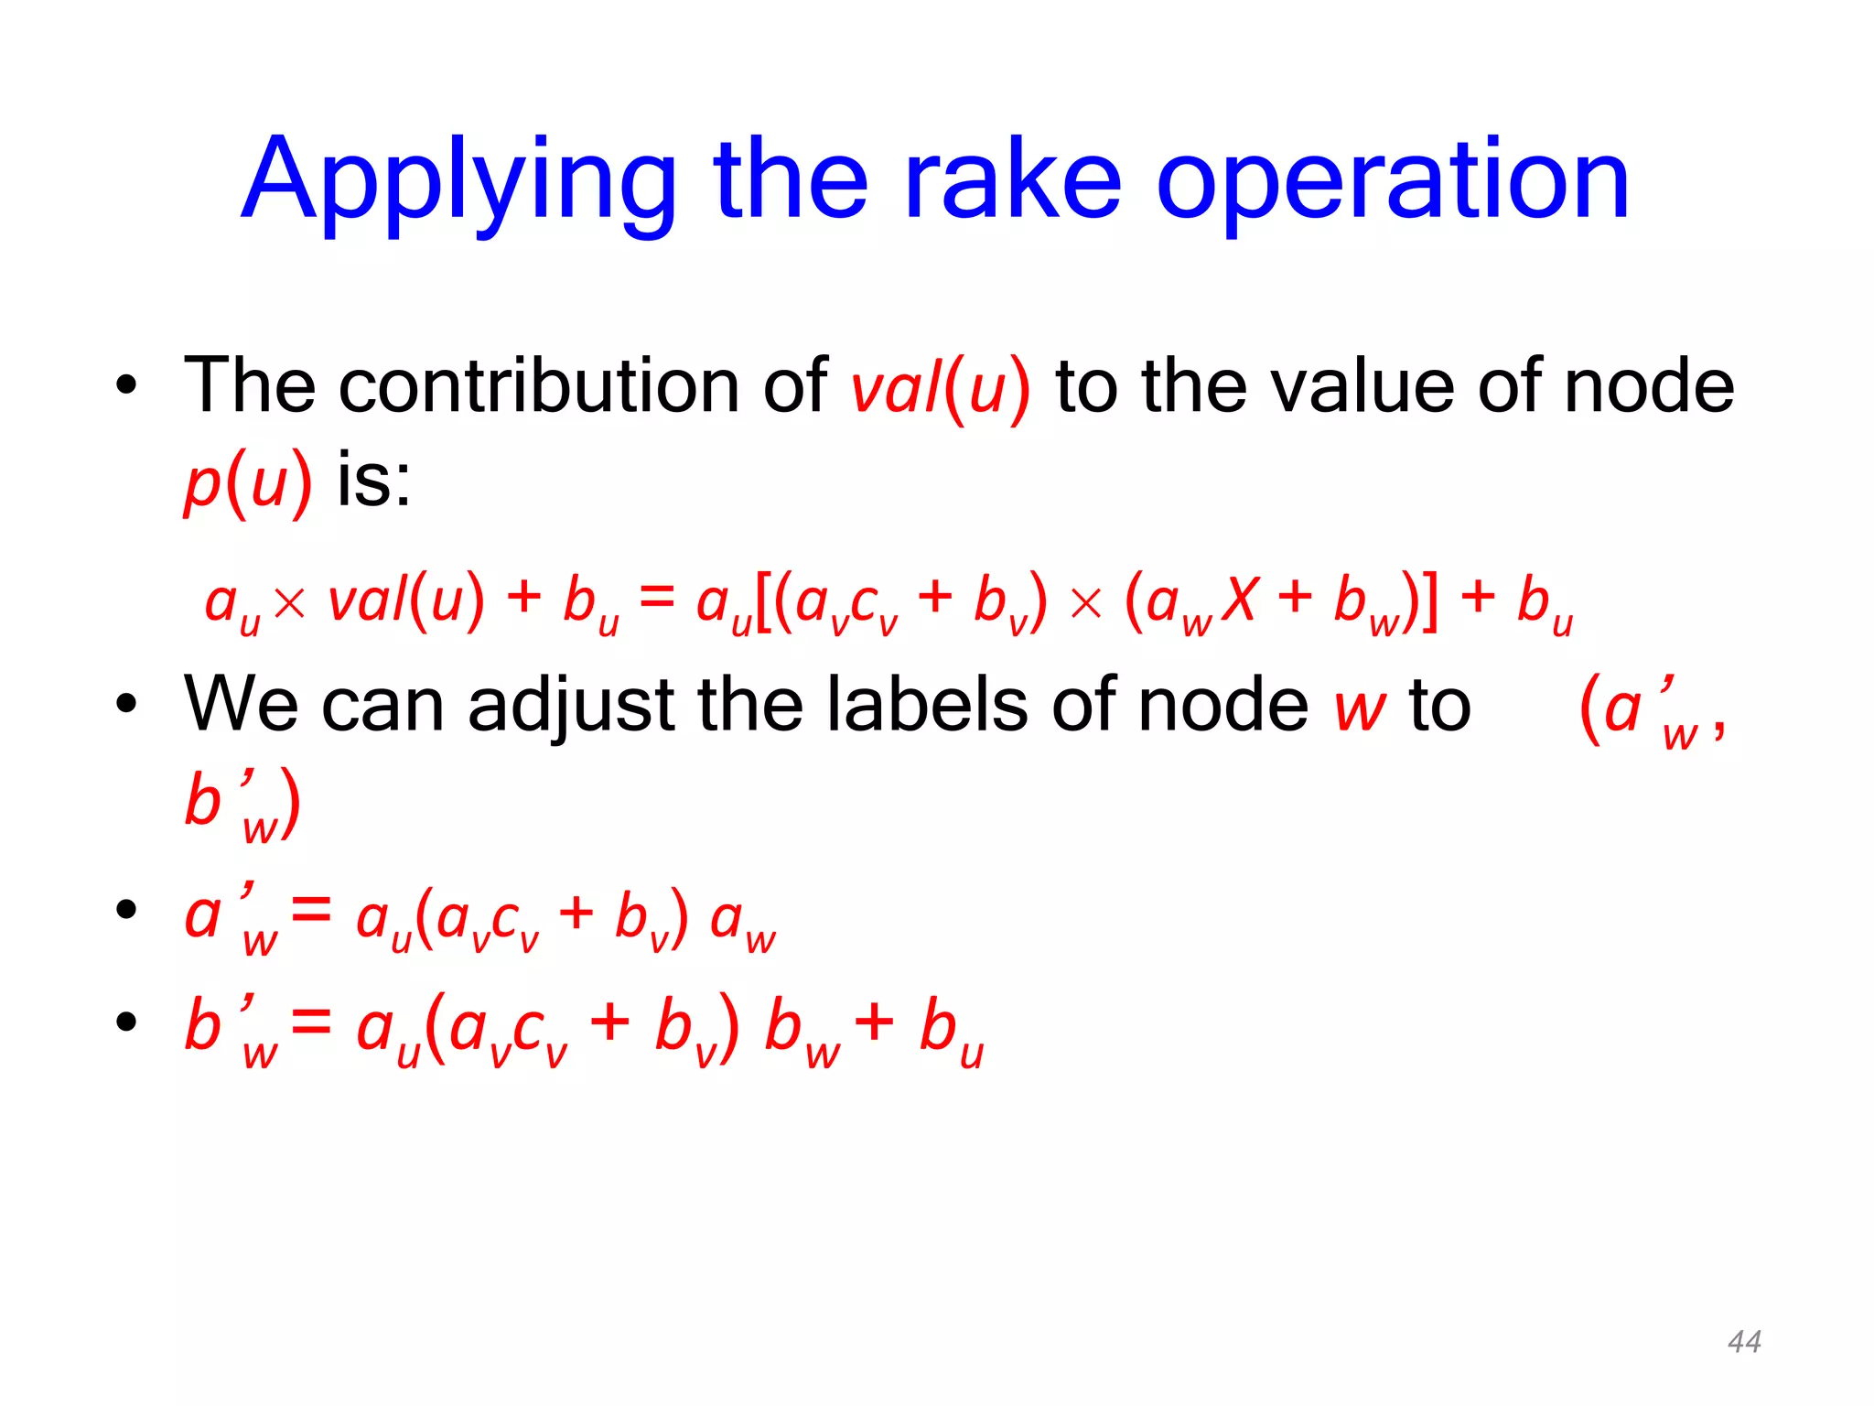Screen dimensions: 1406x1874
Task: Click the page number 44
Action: click(x=1744, y=1342)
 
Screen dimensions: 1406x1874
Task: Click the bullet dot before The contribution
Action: click(x=126, y=385)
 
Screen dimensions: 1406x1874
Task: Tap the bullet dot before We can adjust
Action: click(x=126, y=704)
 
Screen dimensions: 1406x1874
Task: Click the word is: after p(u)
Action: click(x=373, y=481)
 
